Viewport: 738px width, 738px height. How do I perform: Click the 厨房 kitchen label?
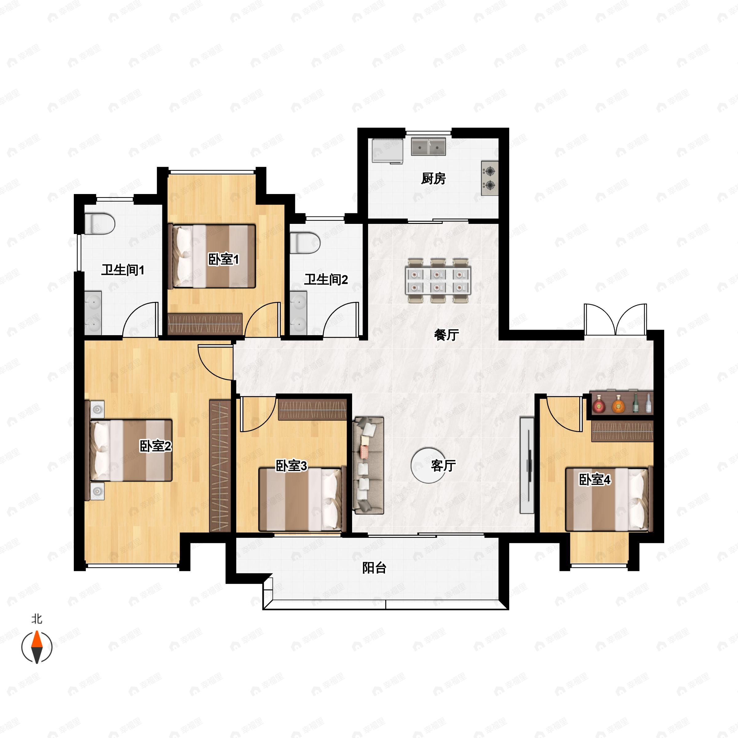pyautogui.click(x=433, y=178)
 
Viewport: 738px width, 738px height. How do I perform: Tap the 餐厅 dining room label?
pyautogui.click(x=446, y=335)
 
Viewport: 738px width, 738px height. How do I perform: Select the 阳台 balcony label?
pyautogui.click(x=374, y=568)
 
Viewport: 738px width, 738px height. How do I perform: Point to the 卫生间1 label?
pyautogui.click(x=123, y=270)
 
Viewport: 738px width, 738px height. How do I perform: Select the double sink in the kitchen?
pyautogui.click(x=429, y=147)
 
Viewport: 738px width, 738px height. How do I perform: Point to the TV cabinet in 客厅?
pyautogui.click(x=527, y=465)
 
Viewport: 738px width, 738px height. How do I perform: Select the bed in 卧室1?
pyautogui.click(x=212, y=256)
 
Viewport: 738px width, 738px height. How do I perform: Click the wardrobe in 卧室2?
pyautogui.click(x=220, y=466)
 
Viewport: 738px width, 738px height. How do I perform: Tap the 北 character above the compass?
pyautogui.click(x=37, y=618)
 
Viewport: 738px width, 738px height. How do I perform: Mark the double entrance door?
pyautogui.click(x=615, y=319)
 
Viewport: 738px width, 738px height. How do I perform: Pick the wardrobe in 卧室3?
pyautogui.click(x=312, y=410)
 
